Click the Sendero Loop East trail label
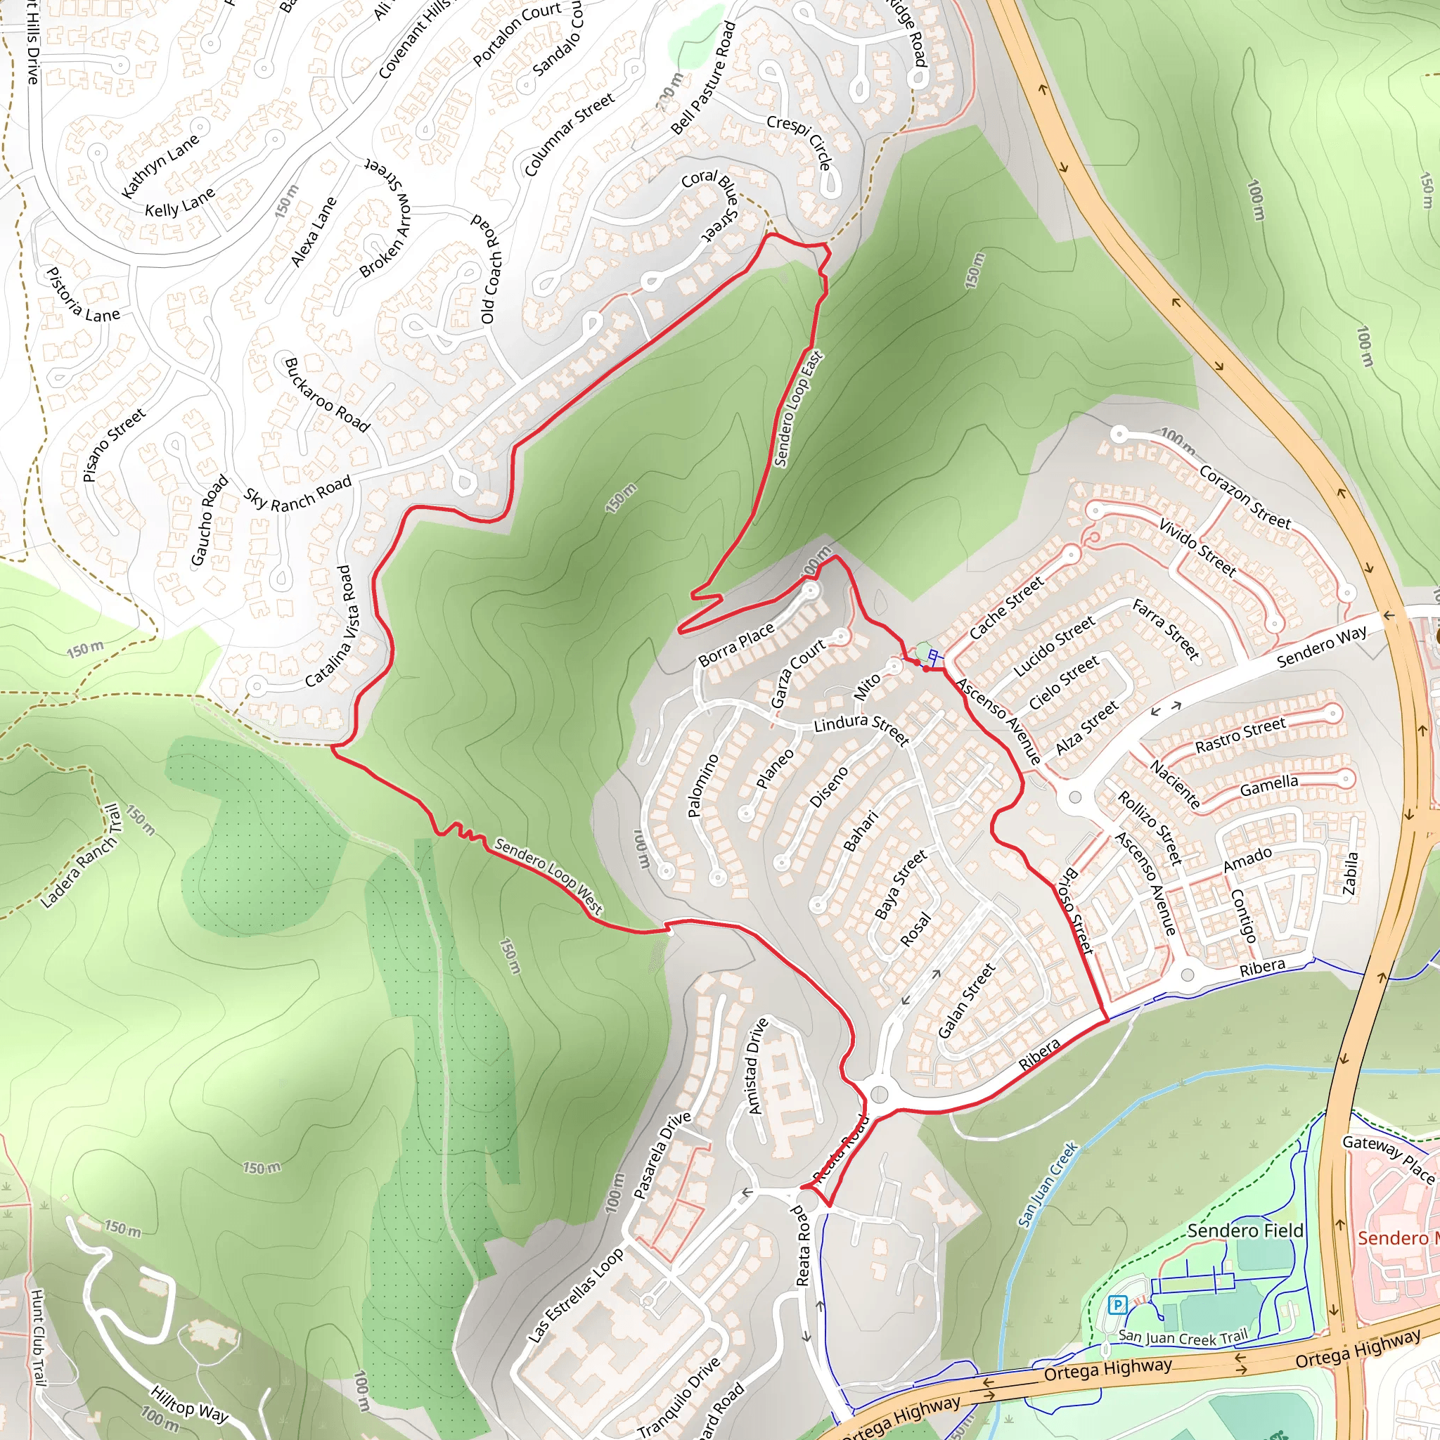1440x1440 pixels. [x=799, y=409]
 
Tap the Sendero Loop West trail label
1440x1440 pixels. [x=548, y=876]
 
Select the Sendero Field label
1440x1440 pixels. [x=1245, y=1230]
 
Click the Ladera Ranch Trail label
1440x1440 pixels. [x=80, y=856]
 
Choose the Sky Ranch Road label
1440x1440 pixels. [x=297, y=494]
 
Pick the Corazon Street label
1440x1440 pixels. [x=1244, y=497]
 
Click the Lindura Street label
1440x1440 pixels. [x=861, y=728]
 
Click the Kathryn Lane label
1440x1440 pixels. [x=160, y=165]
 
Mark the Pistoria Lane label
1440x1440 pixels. [x=82, y=295]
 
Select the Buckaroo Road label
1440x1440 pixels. [x=326, y=395]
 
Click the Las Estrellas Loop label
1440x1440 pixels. [x=575, y=1296]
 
